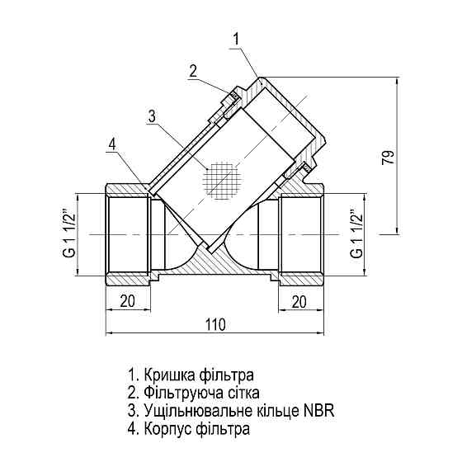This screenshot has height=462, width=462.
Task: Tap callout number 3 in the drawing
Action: click(x=151, y=116)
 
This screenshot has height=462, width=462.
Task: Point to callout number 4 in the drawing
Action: click(x=112, y=144)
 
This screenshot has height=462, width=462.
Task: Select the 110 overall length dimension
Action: click(x=214, y=324)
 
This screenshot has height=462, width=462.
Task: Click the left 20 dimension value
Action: click(x=127, y=301)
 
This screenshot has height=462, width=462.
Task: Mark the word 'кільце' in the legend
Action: click(x=276, y=410)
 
